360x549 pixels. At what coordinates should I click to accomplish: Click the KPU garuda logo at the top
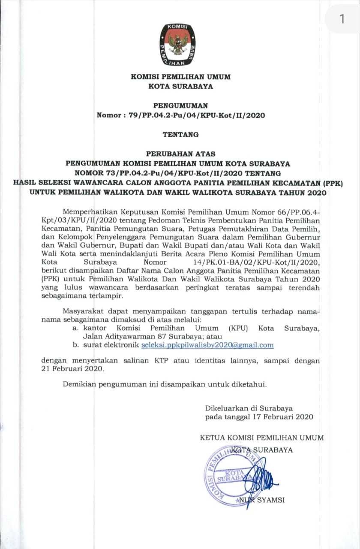[180, 45]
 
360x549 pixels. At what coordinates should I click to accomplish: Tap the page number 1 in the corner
[342, 19]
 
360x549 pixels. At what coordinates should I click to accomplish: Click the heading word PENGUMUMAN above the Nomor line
[180, 105]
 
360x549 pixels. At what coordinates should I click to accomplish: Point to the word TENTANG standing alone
[180, 134]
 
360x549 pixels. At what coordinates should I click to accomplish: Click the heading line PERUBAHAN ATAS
[180, 153]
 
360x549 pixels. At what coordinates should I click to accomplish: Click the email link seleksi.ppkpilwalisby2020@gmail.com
[207, 345]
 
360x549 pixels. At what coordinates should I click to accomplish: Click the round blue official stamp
[232, 474]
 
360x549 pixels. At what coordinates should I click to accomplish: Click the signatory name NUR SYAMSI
[262, 500]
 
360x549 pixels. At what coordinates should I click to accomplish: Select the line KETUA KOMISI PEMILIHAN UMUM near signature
[262, 438]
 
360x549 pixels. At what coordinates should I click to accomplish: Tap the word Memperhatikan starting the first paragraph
[90, 212]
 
